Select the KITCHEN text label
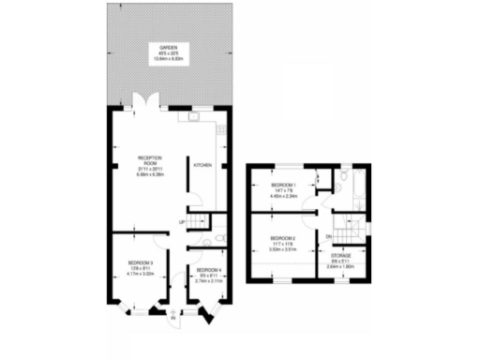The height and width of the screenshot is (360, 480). click(202, 165)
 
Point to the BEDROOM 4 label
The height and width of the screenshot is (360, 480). click(210, 271)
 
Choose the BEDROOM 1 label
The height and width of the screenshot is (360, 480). click(282, 186)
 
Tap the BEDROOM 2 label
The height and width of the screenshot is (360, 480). click(282, 239)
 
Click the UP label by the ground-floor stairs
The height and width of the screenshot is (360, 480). click(182, 222)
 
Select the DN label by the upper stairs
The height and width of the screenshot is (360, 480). click(329, 236)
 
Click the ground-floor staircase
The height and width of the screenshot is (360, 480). click(196, 220)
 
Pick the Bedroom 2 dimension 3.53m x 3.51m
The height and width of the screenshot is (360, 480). click(282, 250)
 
